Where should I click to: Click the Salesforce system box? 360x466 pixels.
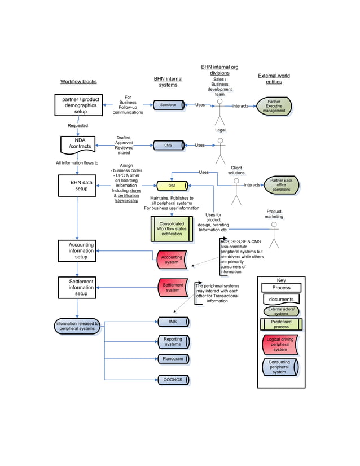169,105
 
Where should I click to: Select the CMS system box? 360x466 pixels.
169,145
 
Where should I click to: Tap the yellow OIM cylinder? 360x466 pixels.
172,185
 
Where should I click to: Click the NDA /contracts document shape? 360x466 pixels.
77,144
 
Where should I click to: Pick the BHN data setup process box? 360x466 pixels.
77,185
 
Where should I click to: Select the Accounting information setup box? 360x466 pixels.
77,250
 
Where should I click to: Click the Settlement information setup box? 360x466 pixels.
77,287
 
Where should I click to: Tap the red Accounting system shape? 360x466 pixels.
172,260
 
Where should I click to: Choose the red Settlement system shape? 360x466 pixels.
173,288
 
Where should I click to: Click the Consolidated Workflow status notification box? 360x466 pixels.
172,228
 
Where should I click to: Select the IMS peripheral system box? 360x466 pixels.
173,322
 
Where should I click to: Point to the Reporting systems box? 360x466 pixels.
173,342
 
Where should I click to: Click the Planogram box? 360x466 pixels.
173,359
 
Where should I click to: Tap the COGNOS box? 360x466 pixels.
173,380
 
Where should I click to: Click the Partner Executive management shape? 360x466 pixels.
274,107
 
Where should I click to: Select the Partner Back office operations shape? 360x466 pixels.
281,185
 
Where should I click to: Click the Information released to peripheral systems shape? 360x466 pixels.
77,326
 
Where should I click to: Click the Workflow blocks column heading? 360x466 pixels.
78,82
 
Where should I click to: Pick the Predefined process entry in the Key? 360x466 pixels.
281,324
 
